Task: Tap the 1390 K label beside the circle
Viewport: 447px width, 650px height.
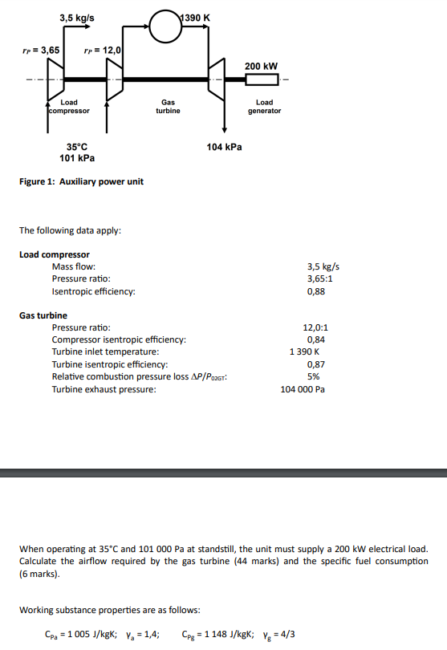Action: pos(196,17)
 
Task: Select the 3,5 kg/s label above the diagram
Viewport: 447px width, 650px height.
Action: pos(77,17)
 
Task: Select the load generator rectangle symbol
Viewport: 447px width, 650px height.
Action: pos(261,80)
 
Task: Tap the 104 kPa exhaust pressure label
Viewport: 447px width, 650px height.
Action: pos(224,147)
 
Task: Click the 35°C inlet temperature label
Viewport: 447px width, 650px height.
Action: pos(77,147)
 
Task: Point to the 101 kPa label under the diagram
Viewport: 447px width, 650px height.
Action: pos(77,157)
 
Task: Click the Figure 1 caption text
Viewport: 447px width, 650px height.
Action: pos(81,181)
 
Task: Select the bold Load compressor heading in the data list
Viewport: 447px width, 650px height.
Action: pos(55,254)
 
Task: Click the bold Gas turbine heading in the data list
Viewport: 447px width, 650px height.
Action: pos(43,315)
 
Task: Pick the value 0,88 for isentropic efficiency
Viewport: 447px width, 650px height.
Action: pos(316,291)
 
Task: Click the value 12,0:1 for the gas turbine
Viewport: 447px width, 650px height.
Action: pos(315,327)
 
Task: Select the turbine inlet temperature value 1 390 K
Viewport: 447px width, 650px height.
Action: pos(307,351)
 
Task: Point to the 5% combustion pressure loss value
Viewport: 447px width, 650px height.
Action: pos(314,376)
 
